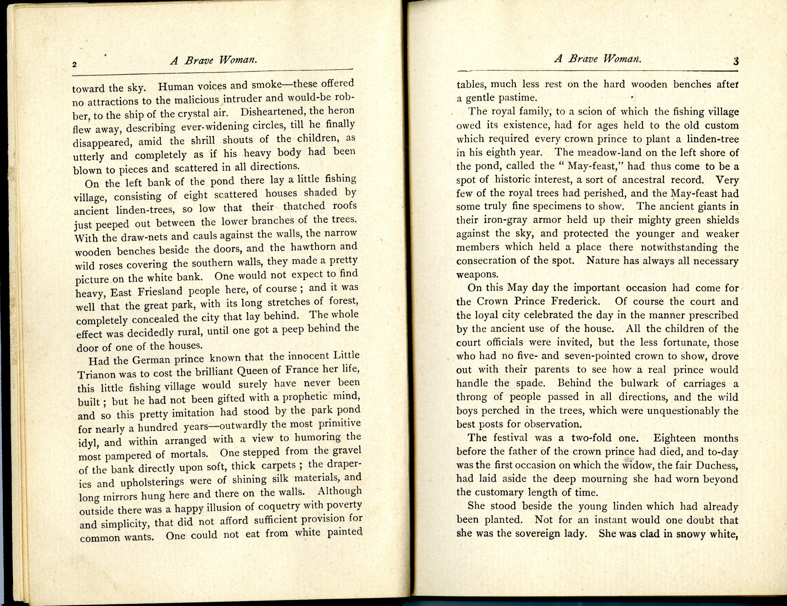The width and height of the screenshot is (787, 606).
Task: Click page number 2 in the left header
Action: tap(75, 65)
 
